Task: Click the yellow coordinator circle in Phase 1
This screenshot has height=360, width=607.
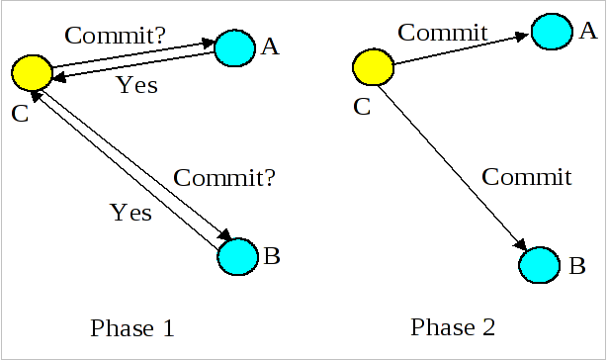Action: (33, 71)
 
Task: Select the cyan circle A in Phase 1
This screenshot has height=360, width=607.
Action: (234, 46)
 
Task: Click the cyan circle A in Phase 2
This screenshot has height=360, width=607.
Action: (551, 32)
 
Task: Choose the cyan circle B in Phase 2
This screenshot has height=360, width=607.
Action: (541, 266)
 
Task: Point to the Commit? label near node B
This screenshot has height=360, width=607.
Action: (223, 179)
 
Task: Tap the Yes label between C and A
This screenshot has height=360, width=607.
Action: (136, 85)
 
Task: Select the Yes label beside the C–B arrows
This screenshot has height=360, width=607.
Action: (130, 212)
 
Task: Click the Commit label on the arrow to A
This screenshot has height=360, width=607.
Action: (444, 33)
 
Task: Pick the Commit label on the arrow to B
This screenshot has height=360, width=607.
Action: (526, 178)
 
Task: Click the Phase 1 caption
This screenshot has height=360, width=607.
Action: (132, 327)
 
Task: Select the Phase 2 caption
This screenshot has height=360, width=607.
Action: (453, 327)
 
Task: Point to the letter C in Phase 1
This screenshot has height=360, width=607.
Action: (20, 114)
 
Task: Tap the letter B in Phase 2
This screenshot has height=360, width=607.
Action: (577, 266)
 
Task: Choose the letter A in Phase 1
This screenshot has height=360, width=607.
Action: (271, 45)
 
